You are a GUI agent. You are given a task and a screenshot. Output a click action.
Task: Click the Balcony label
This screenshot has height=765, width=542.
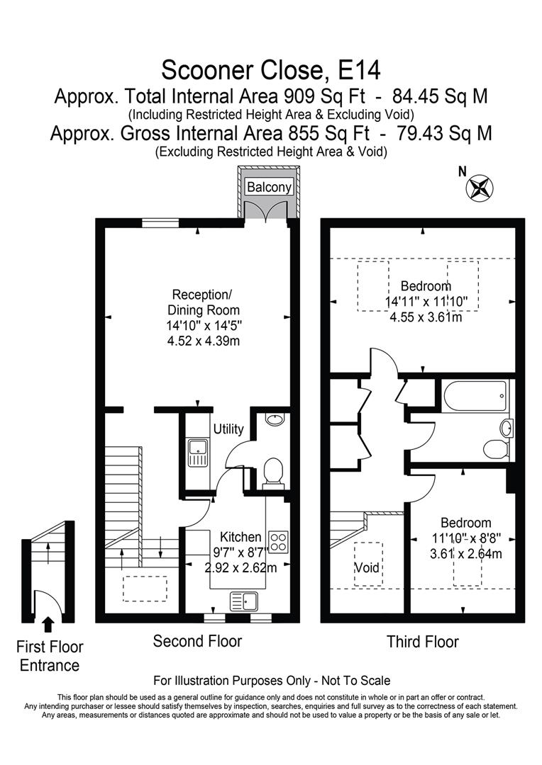pyautogui.click(x=269, y=187)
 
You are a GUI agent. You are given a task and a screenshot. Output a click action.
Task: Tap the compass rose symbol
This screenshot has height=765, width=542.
pyautogui.click(x=481, y=188)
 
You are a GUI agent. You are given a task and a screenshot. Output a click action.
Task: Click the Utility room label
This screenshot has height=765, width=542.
pyautogui.click(x=228, y=429)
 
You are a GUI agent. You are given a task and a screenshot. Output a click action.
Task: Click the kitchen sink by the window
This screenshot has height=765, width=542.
pyautogui.click(x=244, y=601)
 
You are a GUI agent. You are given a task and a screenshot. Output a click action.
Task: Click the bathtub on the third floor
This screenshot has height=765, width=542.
pyautogui.click(x=475, y=396)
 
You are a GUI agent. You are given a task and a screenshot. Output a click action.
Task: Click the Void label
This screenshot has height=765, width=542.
pyautogui.click(x=367, y=568)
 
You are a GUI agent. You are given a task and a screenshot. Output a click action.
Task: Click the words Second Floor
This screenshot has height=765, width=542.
pyautogui.click(x=197, y=640)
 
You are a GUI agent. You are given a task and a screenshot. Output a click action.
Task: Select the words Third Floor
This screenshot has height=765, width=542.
pyautogui.click(x=423, y=642)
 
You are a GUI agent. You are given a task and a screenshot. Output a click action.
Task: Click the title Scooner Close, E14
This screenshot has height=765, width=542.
pyautogui.click(x=271, y=70)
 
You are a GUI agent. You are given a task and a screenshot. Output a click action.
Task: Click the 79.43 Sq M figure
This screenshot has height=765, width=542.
pyautogui.click(x=444, y=133)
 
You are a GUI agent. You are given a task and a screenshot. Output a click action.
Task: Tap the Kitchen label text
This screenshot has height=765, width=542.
pyautogui.click(x=240, y=537)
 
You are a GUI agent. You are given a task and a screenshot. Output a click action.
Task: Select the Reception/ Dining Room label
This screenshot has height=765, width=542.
pyautogui.click(x=204, y=302)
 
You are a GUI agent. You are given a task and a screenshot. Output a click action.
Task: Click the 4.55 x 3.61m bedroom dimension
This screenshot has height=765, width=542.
pyautogui.click(x=426, y=317)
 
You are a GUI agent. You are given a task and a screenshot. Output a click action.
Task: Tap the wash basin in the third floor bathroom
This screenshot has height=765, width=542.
pyautogui.click(x=507, y=429)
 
